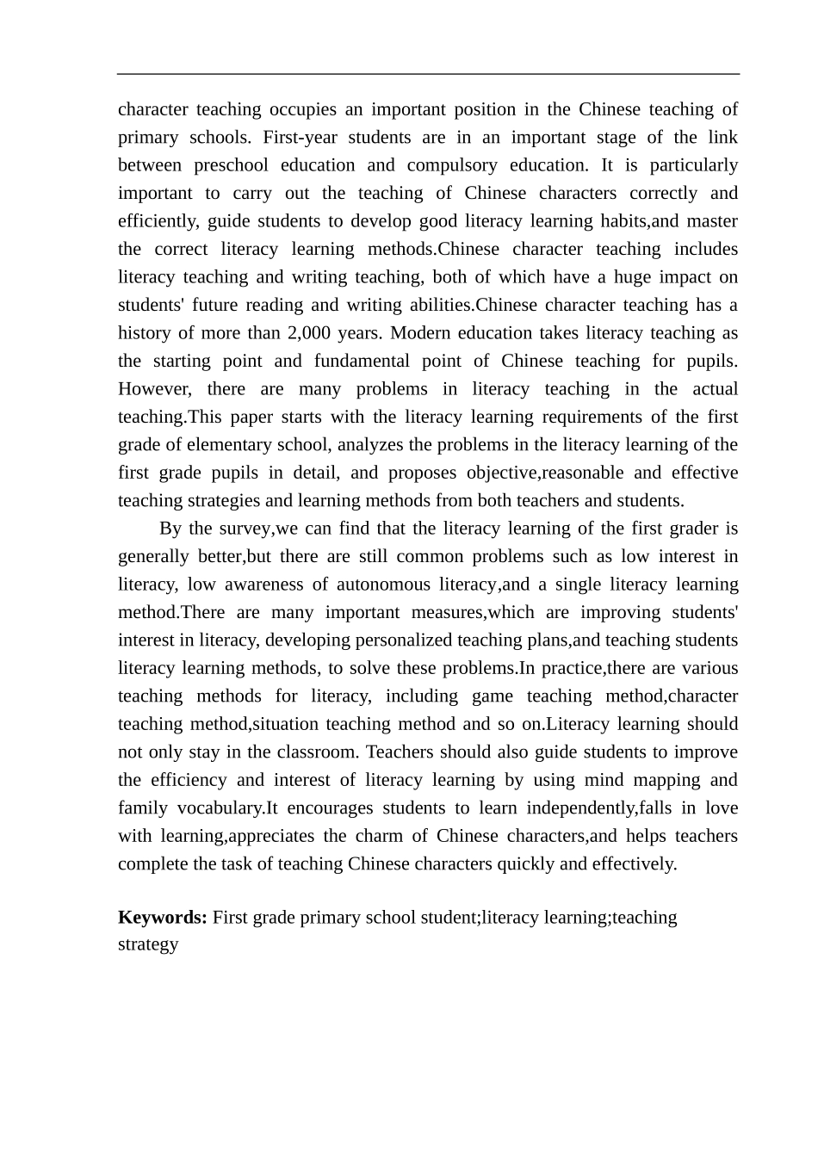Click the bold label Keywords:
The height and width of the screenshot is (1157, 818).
coord(162,918)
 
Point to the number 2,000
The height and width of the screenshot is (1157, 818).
coord(307,333)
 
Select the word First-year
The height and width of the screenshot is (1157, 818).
coord(300,138)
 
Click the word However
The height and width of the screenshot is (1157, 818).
coord(152,389)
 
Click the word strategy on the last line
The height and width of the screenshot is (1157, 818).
coord(148,944)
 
